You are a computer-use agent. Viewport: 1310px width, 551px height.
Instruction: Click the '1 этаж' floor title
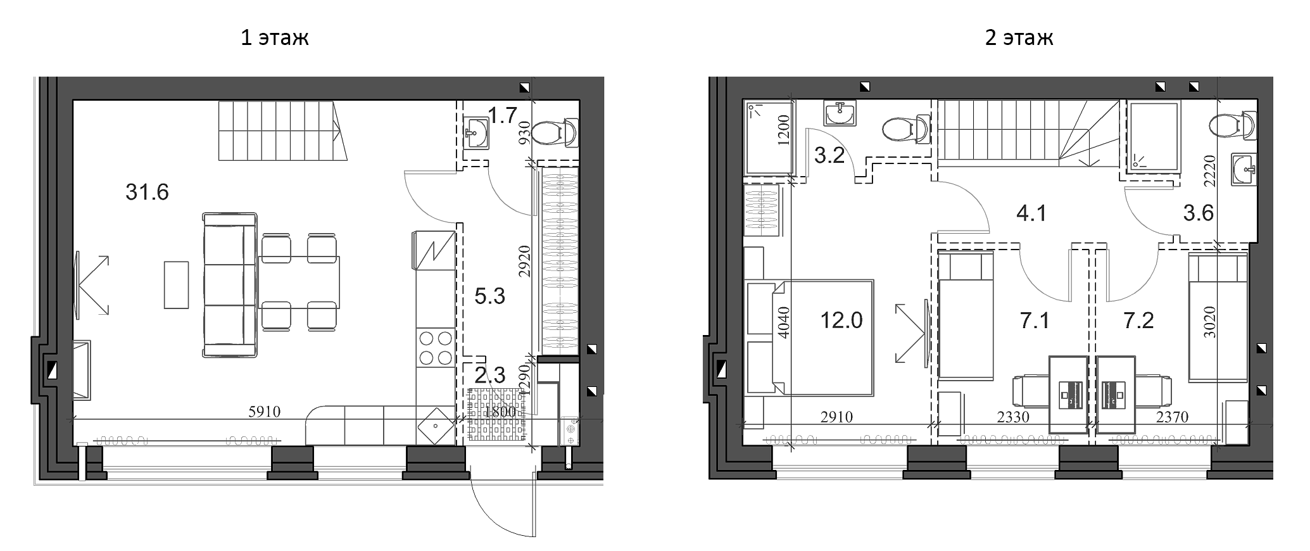(x=274, y=38)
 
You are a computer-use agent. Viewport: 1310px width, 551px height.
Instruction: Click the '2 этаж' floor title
(x=1019, y=38)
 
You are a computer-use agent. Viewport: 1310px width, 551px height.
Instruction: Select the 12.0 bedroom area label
(x=841, y=320)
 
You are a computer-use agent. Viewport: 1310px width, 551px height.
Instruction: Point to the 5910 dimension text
(x=265, y=412)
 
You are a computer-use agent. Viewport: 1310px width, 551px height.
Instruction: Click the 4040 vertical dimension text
(x=785, y=324)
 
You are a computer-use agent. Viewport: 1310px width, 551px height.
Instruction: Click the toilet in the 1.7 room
(x=555, y=134)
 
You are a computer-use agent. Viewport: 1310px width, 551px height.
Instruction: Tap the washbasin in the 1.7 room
(x=476, y=133)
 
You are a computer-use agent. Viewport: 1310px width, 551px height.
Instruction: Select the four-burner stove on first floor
(x=436, y=348)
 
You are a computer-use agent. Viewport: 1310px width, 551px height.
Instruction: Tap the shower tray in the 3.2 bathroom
(x=769, y=137)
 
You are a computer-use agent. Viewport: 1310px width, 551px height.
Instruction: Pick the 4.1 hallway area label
(x=1031, y=213)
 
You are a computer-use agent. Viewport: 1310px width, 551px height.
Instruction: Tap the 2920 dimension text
(x=524, y=262)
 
